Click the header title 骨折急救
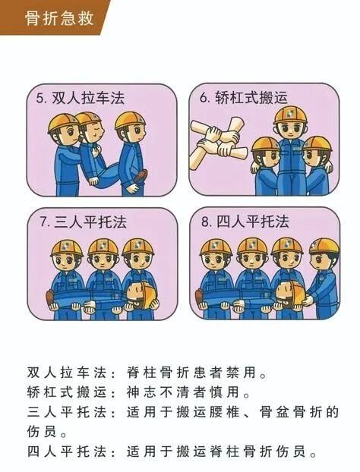pyautogui.click(x=59, y=17)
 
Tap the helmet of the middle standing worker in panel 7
pyautogui.click(x=103, y=247)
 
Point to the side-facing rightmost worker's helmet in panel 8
pyautogui.click(x=324, y=247)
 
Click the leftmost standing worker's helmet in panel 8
pyautogui.click(x=216, y=247)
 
